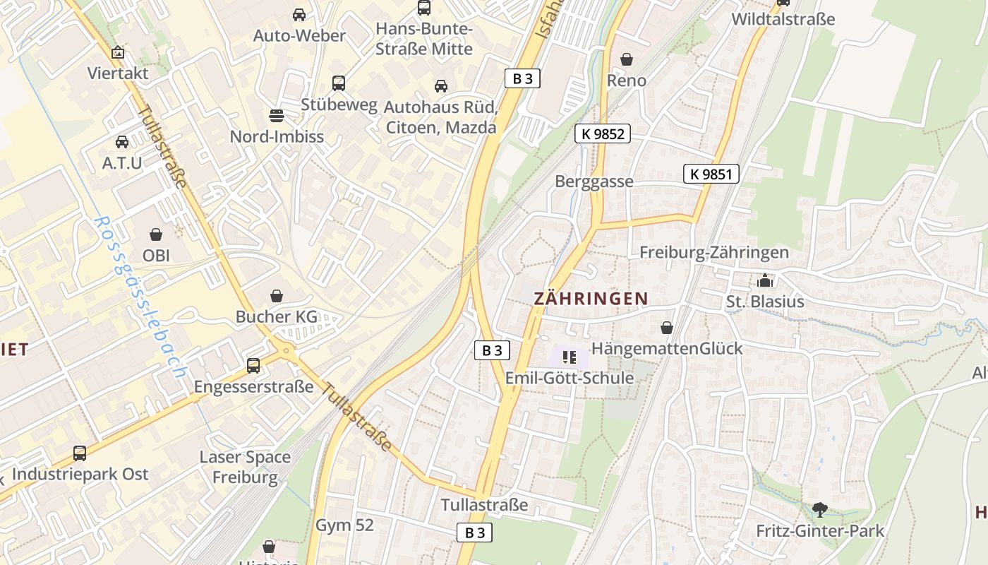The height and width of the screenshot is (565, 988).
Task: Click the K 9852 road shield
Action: point(601,133)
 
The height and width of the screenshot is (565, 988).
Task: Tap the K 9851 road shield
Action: point(711,174)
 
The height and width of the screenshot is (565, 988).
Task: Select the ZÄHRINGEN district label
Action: point(591,299)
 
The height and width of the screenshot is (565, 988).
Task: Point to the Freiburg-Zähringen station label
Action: point(713,252)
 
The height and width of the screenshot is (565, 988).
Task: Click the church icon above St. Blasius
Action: point(765,281)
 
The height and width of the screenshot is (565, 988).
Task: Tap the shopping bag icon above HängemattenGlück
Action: point(666,328)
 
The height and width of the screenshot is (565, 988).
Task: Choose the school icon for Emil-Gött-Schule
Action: point(570,357)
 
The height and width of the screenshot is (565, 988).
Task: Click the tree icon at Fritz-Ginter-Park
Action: point(819,509)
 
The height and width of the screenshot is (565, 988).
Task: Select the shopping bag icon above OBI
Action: point(156,234)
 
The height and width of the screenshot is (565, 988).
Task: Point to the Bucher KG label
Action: point(277,317)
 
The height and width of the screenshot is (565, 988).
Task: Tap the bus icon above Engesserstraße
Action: point(253,366)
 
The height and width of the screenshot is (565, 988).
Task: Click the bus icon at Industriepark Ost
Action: point(80,453)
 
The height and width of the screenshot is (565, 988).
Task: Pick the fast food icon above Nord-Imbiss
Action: point(277,115)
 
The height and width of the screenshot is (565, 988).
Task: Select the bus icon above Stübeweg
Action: point(339,83)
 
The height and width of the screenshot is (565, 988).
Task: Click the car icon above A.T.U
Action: point(122,142)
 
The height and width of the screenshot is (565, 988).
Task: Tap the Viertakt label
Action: point(118,73)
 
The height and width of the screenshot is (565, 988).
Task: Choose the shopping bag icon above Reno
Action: point(626,59)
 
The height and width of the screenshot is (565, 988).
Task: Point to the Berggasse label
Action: point(594,182)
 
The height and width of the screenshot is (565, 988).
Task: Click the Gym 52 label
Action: point(344,525)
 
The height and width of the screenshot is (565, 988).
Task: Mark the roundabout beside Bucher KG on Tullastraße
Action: point(286,350)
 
